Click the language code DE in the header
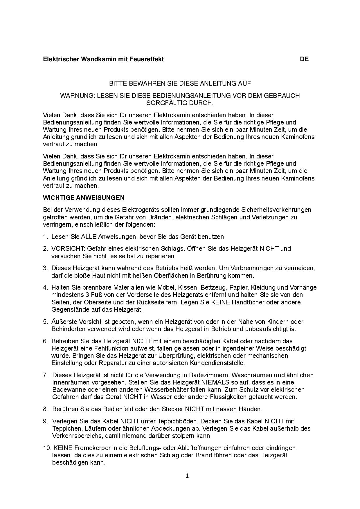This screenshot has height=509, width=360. [x=304, y=59]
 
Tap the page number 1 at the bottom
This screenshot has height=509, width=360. [x=187, y=476]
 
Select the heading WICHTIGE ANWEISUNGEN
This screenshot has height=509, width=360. [x=84, y=198]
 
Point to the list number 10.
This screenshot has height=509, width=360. [x=47, y=448]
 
